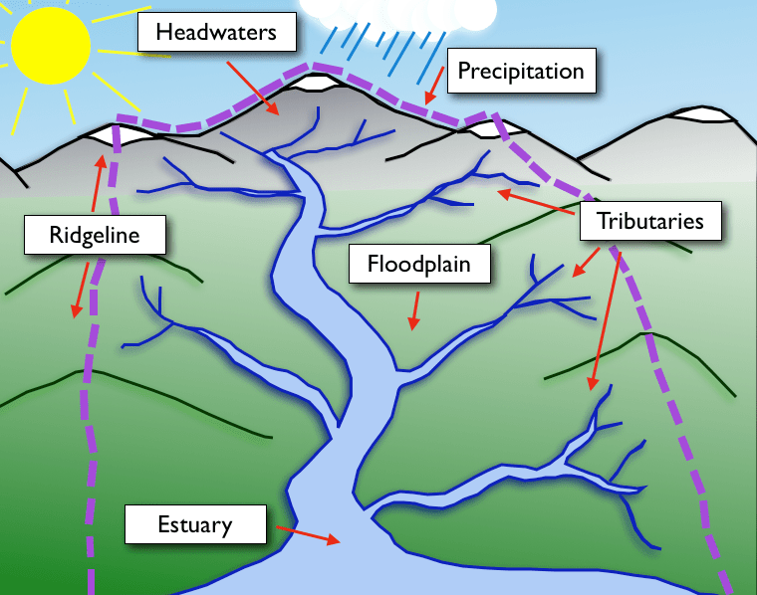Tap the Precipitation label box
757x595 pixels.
[519, 72]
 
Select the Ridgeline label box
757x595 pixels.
[95, 236]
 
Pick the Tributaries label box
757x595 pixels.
[649, 221]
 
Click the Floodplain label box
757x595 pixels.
[417, 265]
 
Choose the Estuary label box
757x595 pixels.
[195, 523]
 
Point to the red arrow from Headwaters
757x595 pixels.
[253, 88]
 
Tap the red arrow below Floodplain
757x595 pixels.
[414, 310]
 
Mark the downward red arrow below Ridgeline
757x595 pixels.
[79, 290]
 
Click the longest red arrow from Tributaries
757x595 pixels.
[606, 318]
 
